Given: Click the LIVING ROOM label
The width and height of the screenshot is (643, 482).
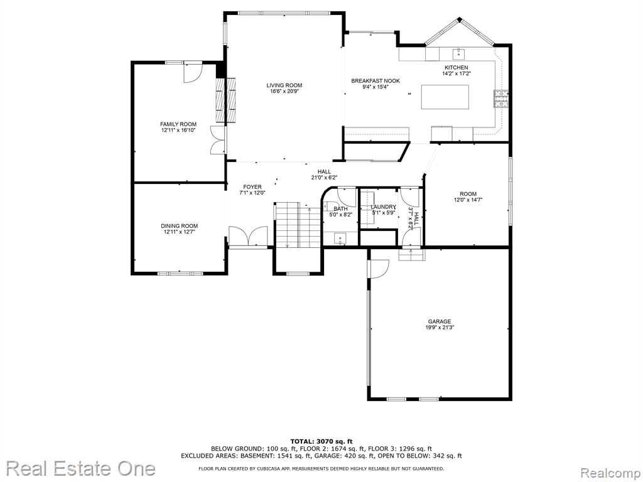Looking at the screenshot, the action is (284, 85).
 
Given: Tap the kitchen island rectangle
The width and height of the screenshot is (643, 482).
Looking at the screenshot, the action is (445, 97).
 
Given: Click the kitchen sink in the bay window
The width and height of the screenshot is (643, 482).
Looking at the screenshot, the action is (457, 53).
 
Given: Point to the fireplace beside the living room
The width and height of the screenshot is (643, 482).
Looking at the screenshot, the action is (226, 99).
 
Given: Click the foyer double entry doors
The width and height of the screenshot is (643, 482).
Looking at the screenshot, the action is (248, 236).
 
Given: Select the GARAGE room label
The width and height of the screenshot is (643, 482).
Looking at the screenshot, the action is (439, 321).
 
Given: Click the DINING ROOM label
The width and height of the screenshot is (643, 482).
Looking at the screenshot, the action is (179, 226).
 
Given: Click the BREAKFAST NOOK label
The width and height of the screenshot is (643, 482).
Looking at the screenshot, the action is (376, 81).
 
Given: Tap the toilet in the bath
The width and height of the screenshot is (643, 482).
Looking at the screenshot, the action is (330, 206).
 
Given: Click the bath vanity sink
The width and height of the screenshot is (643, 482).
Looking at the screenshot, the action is (340, 238).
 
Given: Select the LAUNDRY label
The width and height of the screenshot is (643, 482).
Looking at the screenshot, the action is (384, 207).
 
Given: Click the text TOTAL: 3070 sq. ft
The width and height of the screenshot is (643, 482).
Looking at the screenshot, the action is (321, 441).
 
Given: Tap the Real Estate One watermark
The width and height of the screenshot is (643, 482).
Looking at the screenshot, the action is (80, 468).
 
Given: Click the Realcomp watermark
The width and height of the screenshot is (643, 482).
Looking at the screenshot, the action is (610, 473).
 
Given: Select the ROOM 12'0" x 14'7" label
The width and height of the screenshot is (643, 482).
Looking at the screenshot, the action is (468, 196).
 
